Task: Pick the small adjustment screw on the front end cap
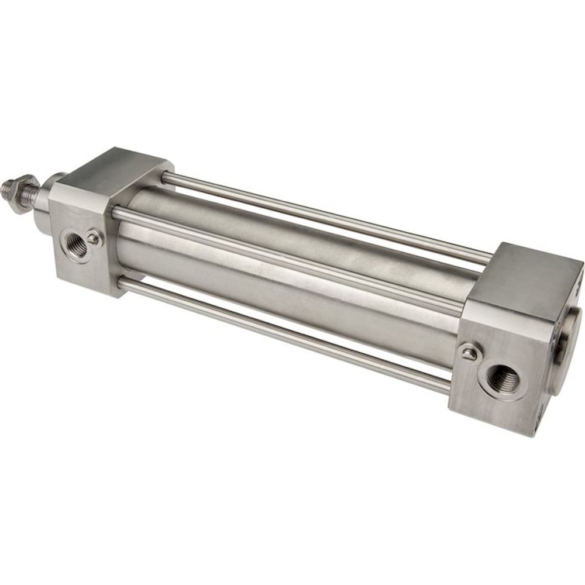[93, 238]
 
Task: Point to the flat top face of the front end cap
[117, 170]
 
